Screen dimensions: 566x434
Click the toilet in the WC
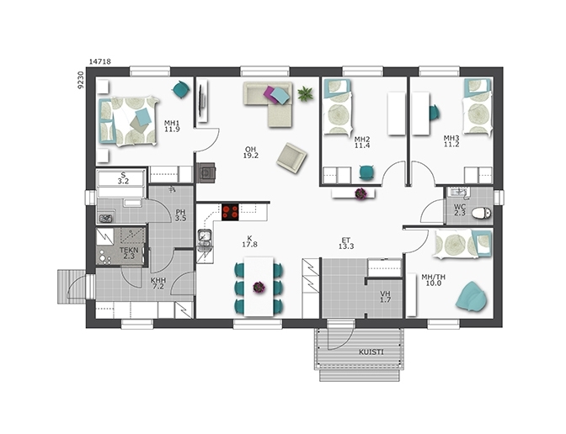coord(482,213)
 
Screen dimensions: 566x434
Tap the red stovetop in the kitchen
coord(230,212)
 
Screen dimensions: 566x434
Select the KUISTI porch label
coord(371,352)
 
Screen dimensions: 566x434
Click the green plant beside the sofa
coord(305,93)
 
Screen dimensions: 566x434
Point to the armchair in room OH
coord(291,158)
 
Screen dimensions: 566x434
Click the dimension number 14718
coord(100,61)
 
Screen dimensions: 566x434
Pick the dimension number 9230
coord(81,80)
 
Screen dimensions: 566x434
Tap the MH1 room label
coord(172,123)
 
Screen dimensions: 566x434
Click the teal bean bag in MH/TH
coord(471,296)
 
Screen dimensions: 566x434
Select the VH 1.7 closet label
coord(385,297)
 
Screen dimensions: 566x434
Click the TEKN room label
coord(129,250)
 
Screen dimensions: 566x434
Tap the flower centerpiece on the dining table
coord(259,288)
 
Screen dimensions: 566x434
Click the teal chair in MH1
coord(181,90)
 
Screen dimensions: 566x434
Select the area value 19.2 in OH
coord(250,156)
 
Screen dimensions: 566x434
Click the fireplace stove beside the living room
coord(206,172)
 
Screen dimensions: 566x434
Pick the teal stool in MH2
coord(366,172)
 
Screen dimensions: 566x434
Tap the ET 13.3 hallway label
coord(346,243)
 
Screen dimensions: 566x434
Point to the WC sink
coord(458,193)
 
